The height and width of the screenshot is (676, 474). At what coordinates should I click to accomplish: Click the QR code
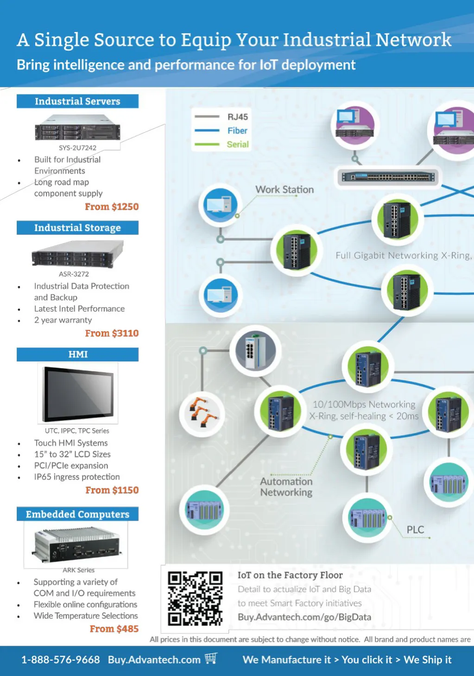[x=195, y=598]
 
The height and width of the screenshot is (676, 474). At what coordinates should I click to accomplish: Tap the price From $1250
[x=112, y=207]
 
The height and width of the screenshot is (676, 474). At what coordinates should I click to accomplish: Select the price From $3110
[x=112, y=333]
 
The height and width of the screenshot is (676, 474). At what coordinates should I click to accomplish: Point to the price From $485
[x=114, y=629]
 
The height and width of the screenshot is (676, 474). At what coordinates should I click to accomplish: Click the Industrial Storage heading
[x=77, y=228]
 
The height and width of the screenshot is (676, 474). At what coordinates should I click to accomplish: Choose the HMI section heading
[x=78, y=354]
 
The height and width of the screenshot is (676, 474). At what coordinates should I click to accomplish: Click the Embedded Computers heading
[x=77, y=514]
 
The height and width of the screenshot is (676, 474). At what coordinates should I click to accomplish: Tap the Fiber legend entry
[x=237, y=131]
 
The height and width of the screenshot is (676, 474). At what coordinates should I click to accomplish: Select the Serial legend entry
[x=238, y=145]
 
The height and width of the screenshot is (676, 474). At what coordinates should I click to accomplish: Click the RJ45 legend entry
[x=237, y=117]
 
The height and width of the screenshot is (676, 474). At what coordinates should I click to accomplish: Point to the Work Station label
[x=284, y=190]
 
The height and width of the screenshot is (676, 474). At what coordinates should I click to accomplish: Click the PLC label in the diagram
[x=415, y=530]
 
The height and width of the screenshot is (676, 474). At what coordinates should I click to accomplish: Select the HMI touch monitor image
[x=78, y=393]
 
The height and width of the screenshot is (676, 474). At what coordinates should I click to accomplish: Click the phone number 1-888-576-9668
[x=61, y=660]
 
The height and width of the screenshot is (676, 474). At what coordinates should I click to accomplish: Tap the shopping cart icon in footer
[x=211, y=658]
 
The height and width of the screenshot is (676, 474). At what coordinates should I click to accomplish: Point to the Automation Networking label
[x=286, y=487]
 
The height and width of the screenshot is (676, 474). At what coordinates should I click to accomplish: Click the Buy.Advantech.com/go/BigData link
[x=304, y=617]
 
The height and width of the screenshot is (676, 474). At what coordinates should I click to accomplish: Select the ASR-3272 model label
[x=74, y=274]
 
